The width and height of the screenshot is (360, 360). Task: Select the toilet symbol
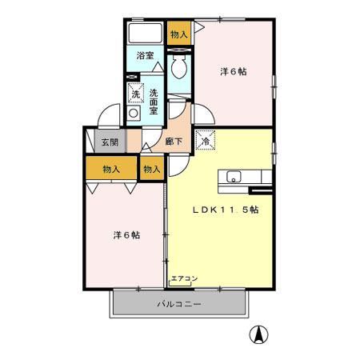pos(178,67)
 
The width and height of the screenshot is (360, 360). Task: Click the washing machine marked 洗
pos(135,93)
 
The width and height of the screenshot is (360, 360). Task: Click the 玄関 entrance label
pos(110,142)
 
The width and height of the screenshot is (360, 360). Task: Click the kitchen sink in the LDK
pos(235,177)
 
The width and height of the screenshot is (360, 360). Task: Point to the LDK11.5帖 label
pos(225,210)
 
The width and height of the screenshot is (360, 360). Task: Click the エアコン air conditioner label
pos(184,278)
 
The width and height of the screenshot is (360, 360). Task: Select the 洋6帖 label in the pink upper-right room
pos(234,72)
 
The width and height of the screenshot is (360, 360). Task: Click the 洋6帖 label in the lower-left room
pos(126,235)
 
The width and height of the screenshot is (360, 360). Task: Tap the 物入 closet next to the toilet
pos(178,34)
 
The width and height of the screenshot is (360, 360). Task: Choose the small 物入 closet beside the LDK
pos(152,169)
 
